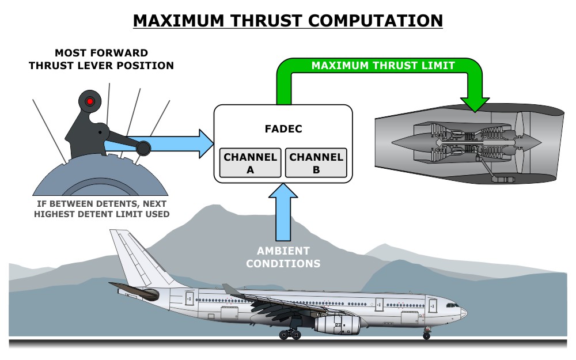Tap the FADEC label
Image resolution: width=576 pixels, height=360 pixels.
click(282, 129)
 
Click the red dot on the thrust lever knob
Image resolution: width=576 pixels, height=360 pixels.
click(90, 101)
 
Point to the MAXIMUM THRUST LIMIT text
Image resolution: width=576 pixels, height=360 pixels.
click(383, 66)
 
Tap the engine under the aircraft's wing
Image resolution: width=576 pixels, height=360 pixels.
click(337, 324)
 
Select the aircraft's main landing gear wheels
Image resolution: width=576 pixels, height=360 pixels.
click(290, 334)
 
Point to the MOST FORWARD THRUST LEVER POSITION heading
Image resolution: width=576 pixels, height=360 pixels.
click(101, 59)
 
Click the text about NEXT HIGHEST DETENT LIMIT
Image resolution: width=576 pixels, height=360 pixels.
click(101, 209)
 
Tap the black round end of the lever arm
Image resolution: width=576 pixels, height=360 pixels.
click(143, 149)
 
